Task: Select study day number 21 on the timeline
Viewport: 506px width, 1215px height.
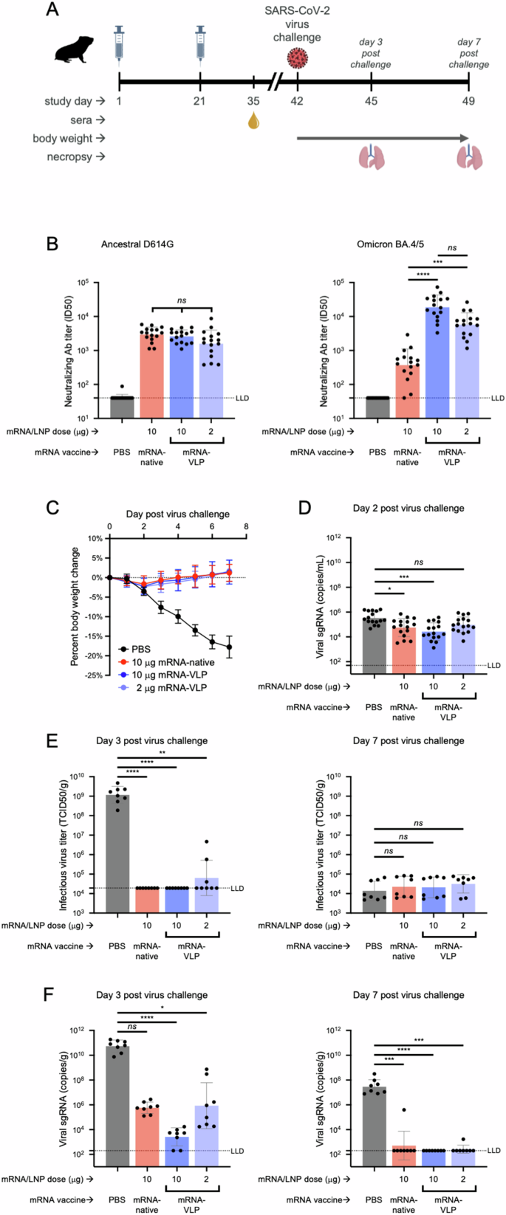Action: coord(199,100)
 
